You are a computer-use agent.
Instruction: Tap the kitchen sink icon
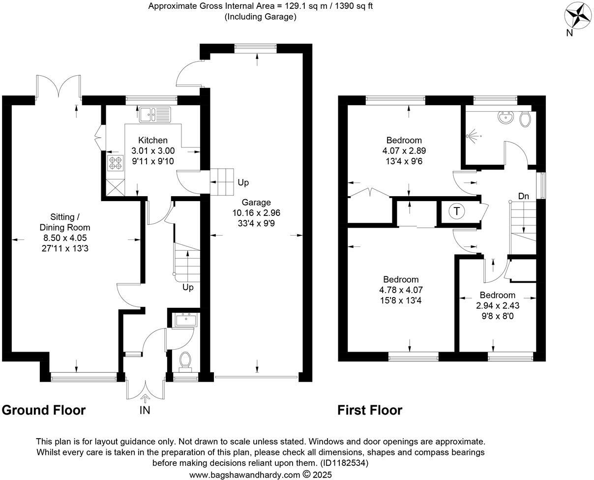click(x=154, y=114)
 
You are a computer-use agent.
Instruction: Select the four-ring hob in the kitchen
click(x=115, y=163)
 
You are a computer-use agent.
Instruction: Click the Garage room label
click(x=256, y=202)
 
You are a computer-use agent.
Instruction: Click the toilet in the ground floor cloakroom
click(x=186, y=359)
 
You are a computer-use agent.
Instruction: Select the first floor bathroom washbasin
click(x=505, y=118)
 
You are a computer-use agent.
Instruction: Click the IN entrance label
click(x=145, y=410)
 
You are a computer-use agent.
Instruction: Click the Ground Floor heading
click(x=44, y=410)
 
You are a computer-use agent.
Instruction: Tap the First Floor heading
click(x=370, y=410)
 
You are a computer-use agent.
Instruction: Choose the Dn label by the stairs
click(x=524, y=196)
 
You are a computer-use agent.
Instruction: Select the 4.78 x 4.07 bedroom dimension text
click(x=401, y=290)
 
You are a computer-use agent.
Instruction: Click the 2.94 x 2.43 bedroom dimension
click(x=498, y=305)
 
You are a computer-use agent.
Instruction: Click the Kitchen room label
click(x=152, y=141)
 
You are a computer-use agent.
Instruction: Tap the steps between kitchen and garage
click(x=222, y=182)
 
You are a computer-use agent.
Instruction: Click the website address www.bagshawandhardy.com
click(x=244, y=475)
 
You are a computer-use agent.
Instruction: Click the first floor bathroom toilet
click(x=525, y=119)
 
